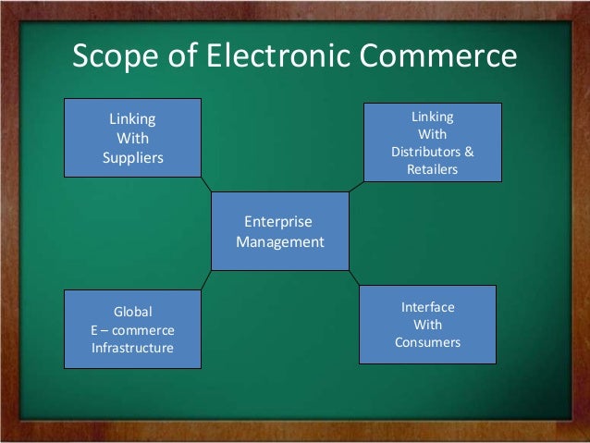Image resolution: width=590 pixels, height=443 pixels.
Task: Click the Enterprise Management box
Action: click(280, 231)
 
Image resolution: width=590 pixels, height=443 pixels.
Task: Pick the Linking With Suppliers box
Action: click(132, 138)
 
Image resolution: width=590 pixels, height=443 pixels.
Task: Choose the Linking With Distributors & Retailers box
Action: click(432, 142)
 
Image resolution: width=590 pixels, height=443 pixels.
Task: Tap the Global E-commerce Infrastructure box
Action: click(132, 329)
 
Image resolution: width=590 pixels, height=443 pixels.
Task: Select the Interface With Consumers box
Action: click(427, 325)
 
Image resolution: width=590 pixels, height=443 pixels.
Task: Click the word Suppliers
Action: click(132, 157)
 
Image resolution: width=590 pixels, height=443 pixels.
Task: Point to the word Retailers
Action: click(432, 170)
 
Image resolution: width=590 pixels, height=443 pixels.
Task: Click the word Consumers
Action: click(427, 343)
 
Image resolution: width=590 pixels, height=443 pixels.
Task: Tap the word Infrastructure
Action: click(132, 348)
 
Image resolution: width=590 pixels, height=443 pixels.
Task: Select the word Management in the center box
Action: click(280, 242)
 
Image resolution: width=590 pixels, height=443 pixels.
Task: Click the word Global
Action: click(132, 312)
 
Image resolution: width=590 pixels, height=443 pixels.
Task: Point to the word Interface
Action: click(427, 306)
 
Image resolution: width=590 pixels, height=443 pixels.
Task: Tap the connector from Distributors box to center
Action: click(356, 187)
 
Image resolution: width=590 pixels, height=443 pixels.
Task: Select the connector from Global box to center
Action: click(206, 280)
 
